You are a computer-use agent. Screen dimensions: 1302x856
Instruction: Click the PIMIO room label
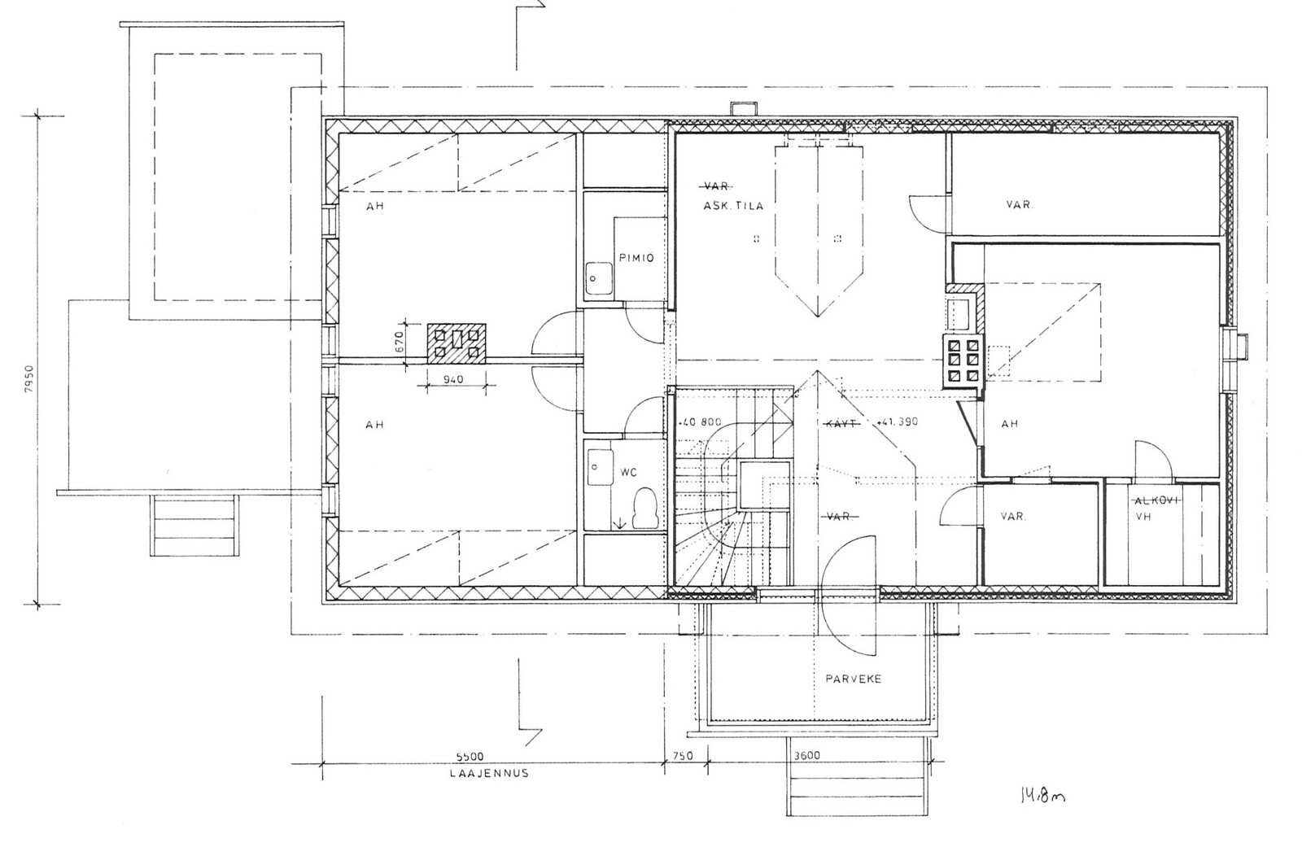[636, 258]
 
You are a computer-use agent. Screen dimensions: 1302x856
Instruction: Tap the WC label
[628, 473]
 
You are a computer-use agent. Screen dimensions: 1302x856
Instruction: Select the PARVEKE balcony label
[854, 678]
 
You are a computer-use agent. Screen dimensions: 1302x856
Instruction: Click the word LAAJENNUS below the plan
[489, 774]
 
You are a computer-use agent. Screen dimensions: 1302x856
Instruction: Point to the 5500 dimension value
[470, 757]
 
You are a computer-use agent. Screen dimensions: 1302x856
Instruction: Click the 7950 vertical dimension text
[29, 379]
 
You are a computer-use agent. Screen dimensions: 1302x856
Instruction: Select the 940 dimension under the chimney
[453, 379]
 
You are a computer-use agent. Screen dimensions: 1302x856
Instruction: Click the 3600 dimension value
[806, 755]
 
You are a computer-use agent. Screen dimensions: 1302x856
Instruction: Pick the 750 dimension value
[683, 756]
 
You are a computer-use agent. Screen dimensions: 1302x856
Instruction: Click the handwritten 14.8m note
[1042, 796]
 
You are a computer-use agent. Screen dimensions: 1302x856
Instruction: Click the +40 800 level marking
[700, 422]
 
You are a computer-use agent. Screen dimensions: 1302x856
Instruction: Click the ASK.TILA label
[733, 206]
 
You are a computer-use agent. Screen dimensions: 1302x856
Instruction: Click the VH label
[1143, 516]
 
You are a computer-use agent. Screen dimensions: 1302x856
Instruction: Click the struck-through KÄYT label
[841, 424]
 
